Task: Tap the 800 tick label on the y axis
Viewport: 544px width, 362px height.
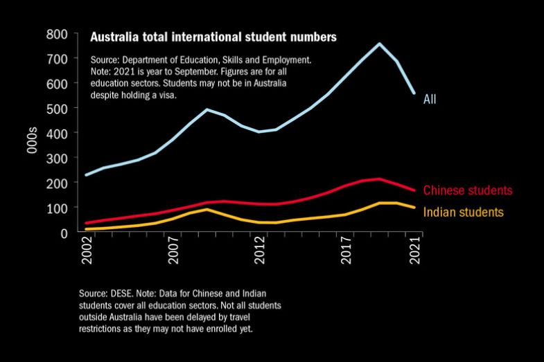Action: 57,34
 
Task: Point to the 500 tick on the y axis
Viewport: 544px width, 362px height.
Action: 57,109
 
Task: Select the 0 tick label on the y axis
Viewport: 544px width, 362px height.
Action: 64,233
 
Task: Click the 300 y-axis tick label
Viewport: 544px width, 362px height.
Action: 57,159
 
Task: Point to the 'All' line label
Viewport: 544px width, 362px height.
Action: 430,100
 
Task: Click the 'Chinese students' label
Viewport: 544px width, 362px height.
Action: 467,190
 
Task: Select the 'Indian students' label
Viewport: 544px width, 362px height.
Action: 463,212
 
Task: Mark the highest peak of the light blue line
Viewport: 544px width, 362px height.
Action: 380,44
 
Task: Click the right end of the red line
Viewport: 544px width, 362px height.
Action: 414,190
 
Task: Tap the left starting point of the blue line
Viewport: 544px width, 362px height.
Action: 86,175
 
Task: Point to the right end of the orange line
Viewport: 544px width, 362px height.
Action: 414,208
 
